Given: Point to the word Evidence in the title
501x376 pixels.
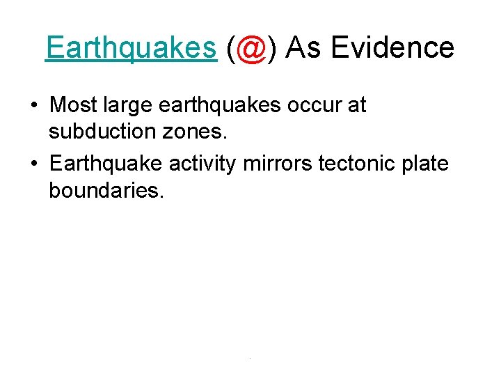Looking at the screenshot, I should [392, 48].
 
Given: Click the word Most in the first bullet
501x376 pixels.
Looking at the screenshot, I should [74, 106].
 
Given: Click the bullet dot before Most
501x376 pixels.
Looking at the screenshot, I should [34, 107].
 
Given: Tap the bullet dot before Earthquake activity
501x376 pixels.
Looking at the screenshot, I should [34, 165].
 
